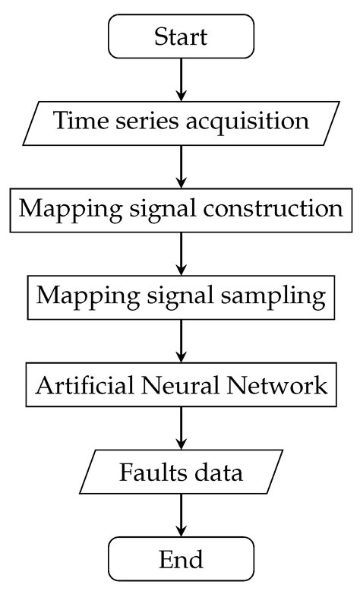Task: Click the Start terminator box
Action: (180, 36)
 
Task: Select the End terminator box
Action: (180, 560)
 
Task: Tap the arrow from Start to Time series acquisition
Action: (180, 78)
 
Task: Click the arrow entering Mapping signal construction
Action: (180, 165)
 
